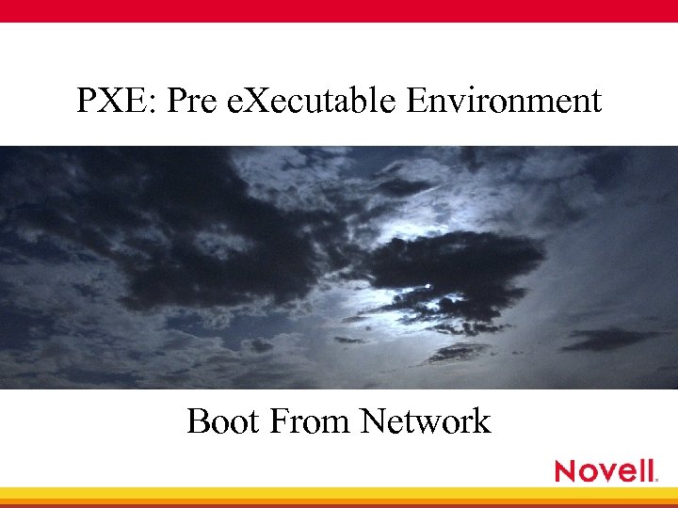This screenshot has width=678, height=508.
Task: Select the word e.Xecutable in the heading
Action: pos(314,100)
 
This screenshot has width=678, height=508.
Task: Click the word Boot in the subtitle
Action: pos(223,421)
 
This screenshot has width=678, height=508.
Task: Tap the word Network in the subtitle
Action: pos(426,421)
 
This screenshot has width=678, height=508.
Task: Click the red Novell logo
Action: pos(605,470)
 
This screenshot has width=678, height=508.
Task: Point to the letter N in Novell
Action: pos(566,470)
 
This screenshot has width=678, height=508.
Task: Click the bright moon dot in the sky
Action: pos(428,283)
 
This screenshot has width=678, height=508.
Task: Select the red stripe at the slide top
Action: pos(339,10)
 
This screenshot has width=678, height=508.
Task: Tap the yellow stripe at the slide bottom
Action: pos(339,493)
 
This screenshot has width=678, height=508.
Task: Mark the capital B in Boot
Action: pos(199,421)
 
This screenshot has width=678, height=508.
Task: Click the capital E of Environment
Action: pos(416,100)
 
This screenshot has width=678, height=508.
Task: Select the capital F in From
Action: pos(279,421)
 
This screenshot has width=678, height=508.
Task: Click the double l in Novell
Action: pos(645,470)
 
